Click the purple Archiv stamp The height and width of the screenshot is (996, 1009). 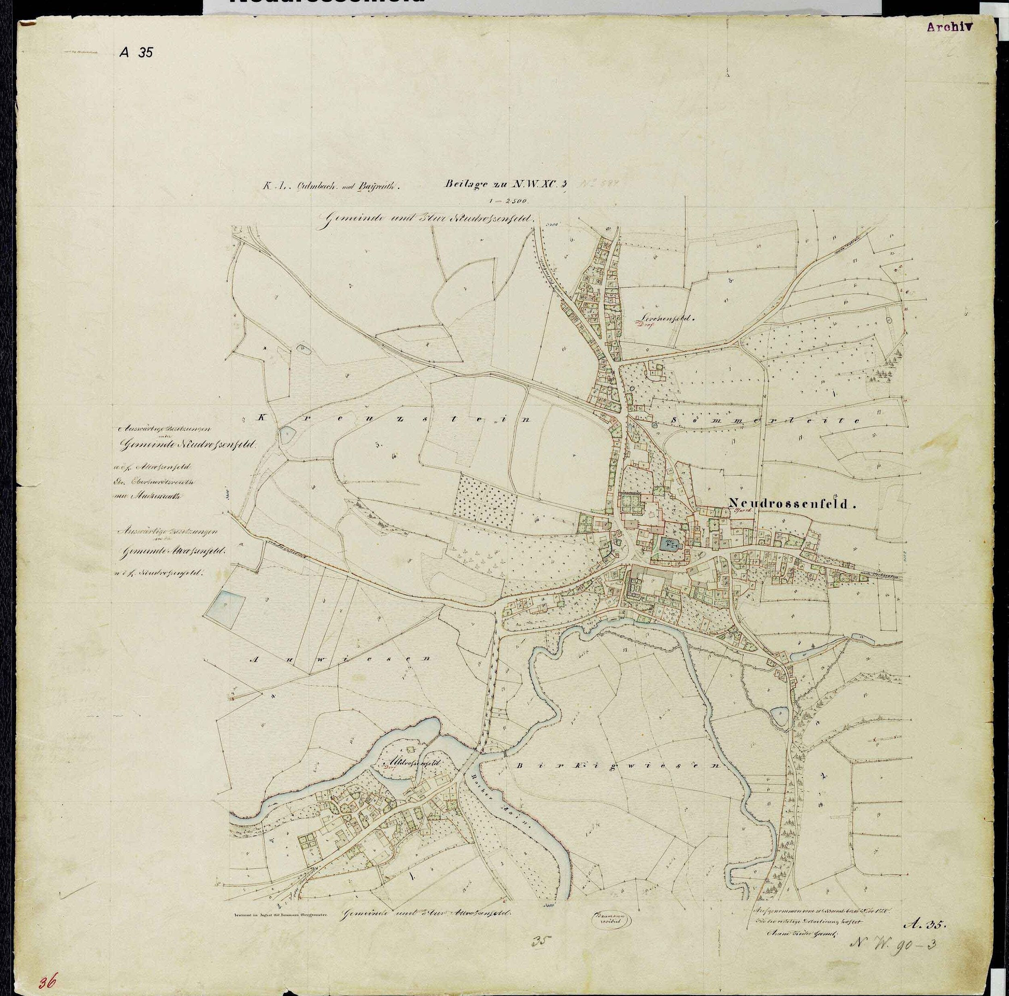tap(950, 28)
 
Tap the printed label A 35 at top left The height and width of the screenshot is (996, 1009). tap(136, 52)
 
